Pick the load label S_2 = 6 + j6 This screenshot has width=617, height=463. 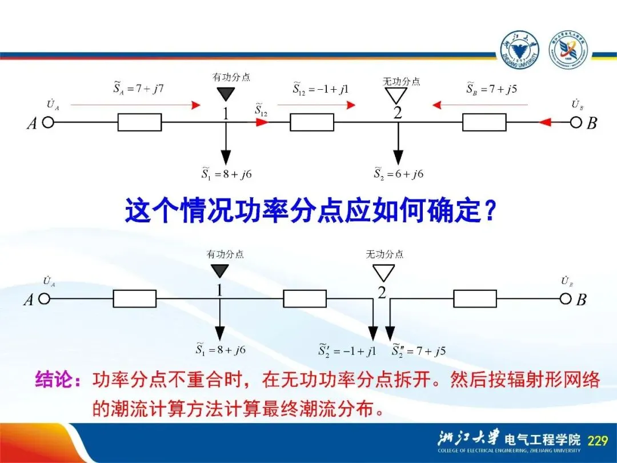point(399,173)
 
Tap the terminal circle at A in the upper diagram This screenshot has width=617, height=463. point(49,122)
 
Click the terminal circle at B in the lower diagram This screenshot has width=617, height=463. point(566,298)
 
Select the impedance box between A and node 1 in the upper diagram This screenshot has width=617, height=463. point(139,122)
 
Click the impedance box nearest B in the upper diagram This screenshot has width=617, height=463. point(484,122)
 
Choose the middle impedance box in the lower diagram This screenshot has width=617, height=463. point(305,298)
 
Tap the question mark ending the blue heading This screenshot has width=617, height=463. point(489,211)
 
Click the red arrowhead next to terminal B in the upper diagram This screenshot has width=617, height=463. point(546,122)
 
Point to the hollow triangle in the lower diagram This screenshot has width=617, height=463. point(383,272)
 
